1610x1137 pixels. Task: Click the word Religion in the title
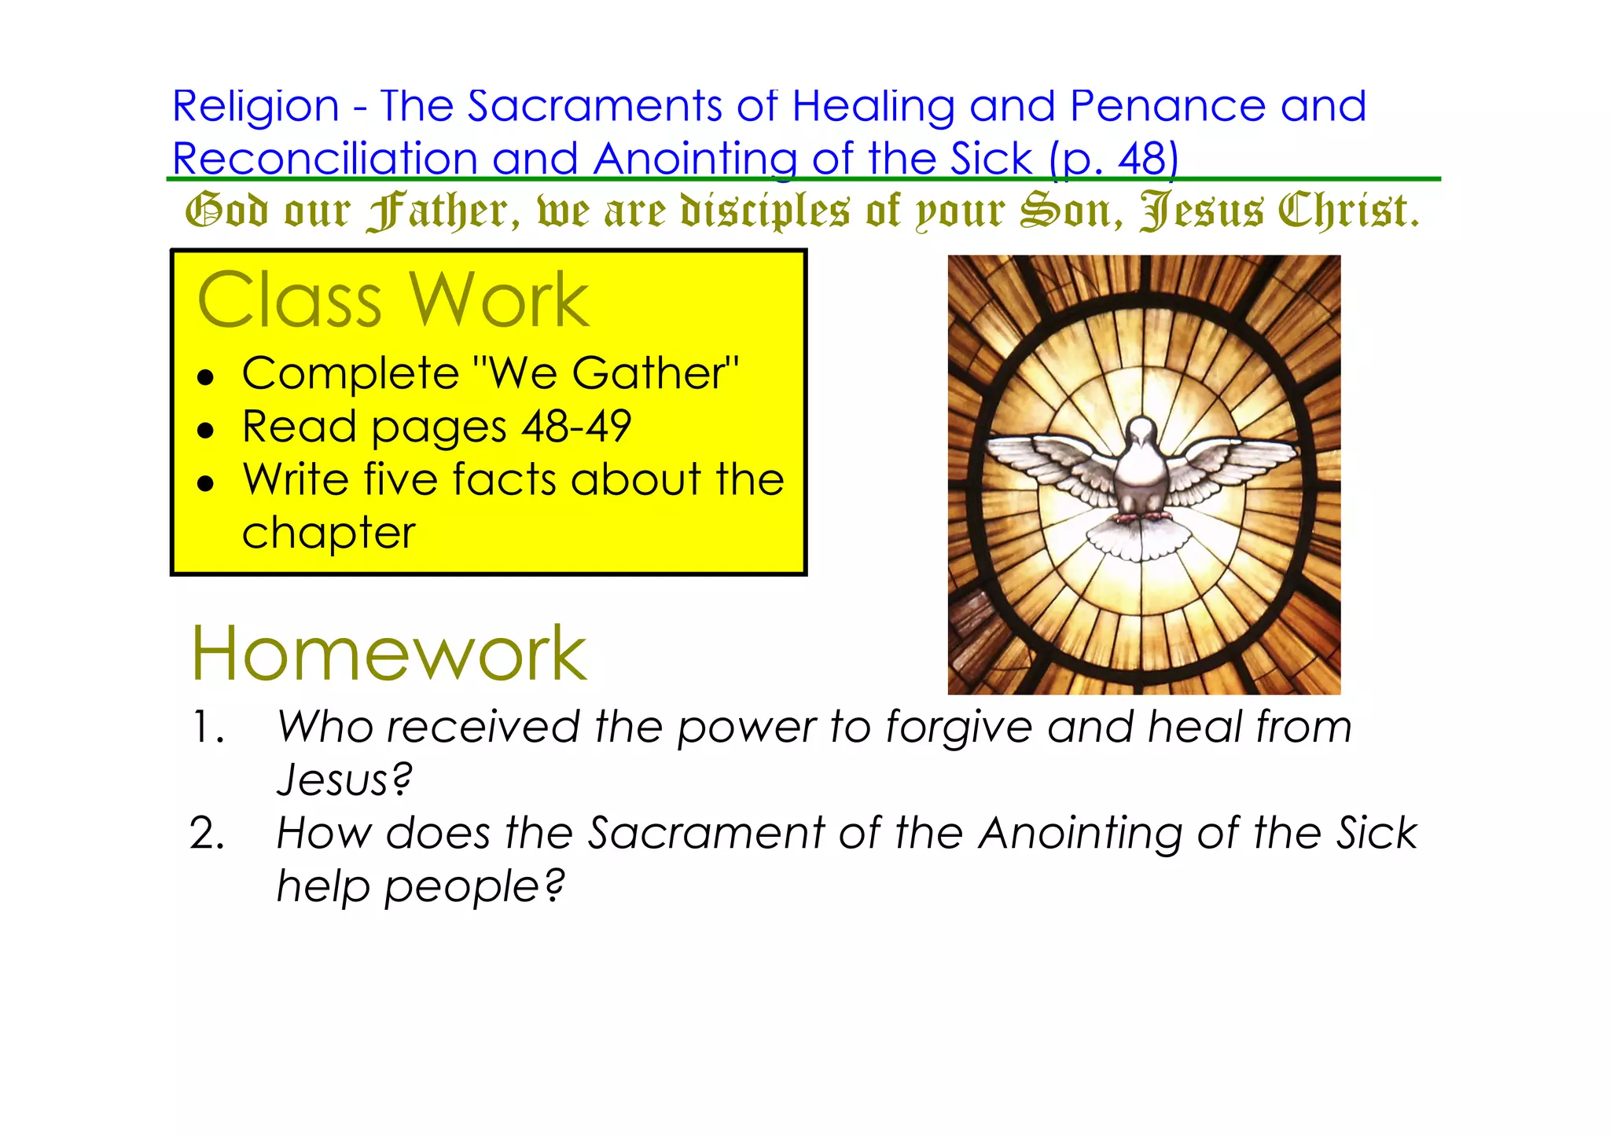pyautogui.click(x=255, y=108)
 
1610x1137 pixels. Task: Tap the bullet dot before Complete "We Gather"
pyautogui.click(x=206, y=378)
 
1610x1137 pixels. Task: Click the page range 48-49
pyautogui.click(x=576, y=427)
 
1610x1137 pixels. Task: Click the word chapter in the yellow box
pyautogui.click(x=329, y=534)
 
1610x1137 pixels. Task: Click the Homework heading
pyautogui.click(x=388, y=654)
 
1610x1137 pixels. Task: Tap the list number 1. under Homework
pyautogui.click(x=208, y=728)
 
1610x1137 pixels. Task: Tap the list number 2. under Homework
pyautogui.click(x=208, y=834)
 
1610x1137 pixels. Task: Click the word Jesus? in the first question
pyautogui.click(x=344, y=780)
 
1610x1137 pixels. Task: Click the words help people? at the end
pyautogui.click(x=421, y=887)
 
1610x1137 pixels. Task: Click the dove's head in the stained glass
pyautogui.click(x=1141, y=432)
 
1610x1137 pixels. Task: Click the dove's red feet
pyautogui.click(x=1142, y=516)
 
